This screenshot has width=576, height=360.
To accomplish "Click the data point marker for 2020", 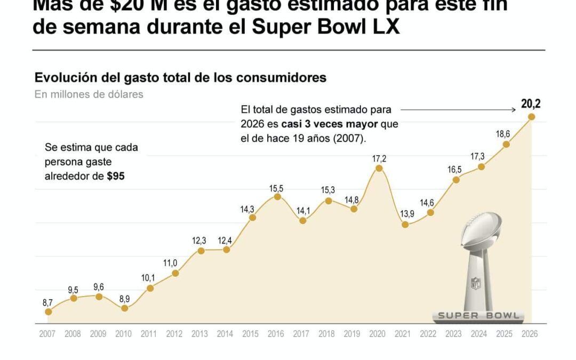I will [x=379, y=168].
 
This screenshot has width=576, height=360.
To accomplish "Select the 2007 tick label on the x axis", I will [x=47, y=334].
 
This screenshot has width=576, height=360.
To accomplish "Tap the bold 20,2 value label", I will [x=530, y=104].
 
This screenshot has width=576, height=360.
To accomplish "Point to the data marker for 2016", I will [x=277, y=196].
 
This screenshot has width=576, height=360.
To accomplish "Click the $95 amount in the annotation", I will [x=116, y=176].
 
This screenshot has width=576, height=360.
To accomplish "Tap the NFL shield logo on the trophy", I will [x=475, y=283].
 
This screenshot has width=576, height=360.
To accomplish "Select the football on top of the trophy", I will [x=481, y=229].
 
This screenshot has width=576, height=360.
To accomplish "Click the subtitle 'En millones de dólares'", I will [x=89, y=94].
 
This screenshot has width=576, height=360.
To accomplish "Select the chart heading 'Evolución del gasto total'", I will [x=180, y=77].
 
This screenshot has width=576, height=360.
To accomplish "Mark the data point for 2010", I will [x=124, y=308].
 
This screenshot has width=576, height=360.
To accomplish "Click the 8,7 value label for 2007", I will [x=48, y=302].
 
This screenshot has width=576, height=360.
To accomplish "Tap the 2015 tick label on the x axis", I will [x=251, y=334].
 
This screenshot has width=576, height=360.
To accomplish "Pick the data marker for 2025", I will [x=506, y=144].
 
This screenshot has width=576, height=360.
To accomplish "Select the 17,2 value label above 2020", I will [x=379, y=158].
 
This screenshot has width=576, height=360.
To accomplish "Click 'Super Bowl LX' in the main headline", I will [x=326, y=27].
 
